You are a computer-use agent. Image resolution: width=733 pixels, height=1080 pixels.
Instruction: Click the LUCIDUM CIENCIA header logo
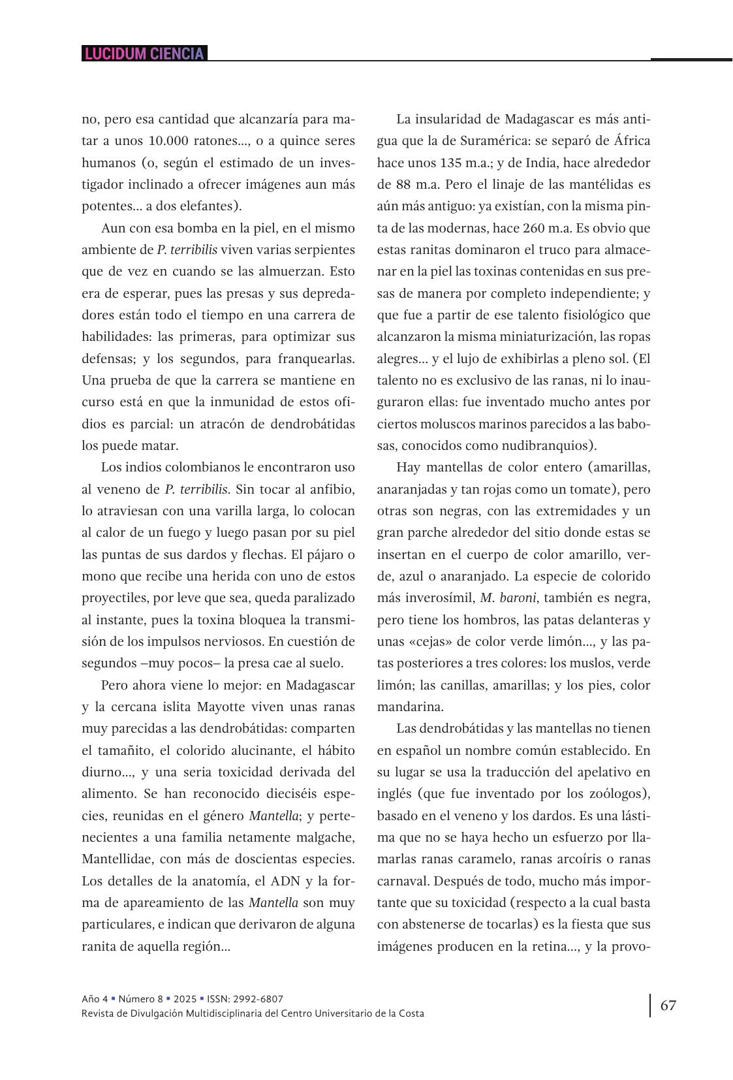[x=144, y=54]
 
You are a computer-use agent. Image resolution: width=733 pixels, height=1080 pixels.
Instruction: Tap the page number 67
[x=668, y=1005]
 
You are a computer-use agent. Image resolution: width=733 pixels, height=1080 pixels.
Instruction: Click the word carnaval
[x=405, y=881]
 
